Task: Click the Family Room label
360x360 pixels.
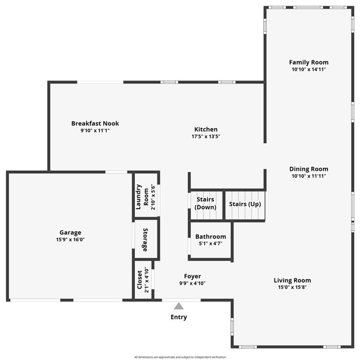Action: [x=309, y=62]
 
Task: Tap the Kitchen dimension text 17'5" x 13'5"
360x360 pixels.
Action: [x=206, y=137]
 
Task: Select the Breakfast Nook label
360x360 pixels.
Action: [x=95, y=124]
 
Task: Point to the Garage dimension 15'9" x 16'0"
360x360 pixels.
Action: [x=70, y=240]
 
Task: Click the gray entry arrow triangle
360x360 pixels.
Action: [x=178, y=306]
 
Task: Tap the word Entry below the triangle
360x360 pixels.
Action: [x=178, y=317]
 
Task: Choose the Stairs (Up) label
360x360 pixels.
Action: [x=245, y=204]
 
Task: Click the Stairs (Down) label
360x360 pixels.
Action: [x=206, y=203]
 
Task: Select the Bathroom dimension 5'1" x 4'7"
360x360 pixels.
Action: [x=211, y=244]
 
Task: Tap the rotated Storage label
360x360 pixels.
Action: [x=146, y=239]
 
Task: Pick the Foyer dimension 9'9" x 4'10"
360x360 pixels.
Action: [x=192, y=283]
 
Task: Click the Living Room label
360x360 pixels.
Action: [x=292, y=281]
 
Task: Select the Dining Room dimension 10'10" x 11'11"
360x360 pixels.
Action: [x=309, y=176]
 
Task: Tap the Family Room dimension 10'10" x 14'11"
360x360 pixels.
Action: [x=309, y=69]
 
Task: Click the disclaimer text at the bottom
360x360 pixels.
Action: [x=180, y=357]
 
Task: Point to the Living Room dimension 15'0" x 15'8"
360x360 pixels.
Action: [x=292, y=287]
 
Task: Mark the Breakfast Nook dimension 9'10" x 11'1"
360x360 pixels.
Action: [x=95, y=131]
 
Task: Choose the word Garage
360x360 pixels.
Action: [x=70, y=232]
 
